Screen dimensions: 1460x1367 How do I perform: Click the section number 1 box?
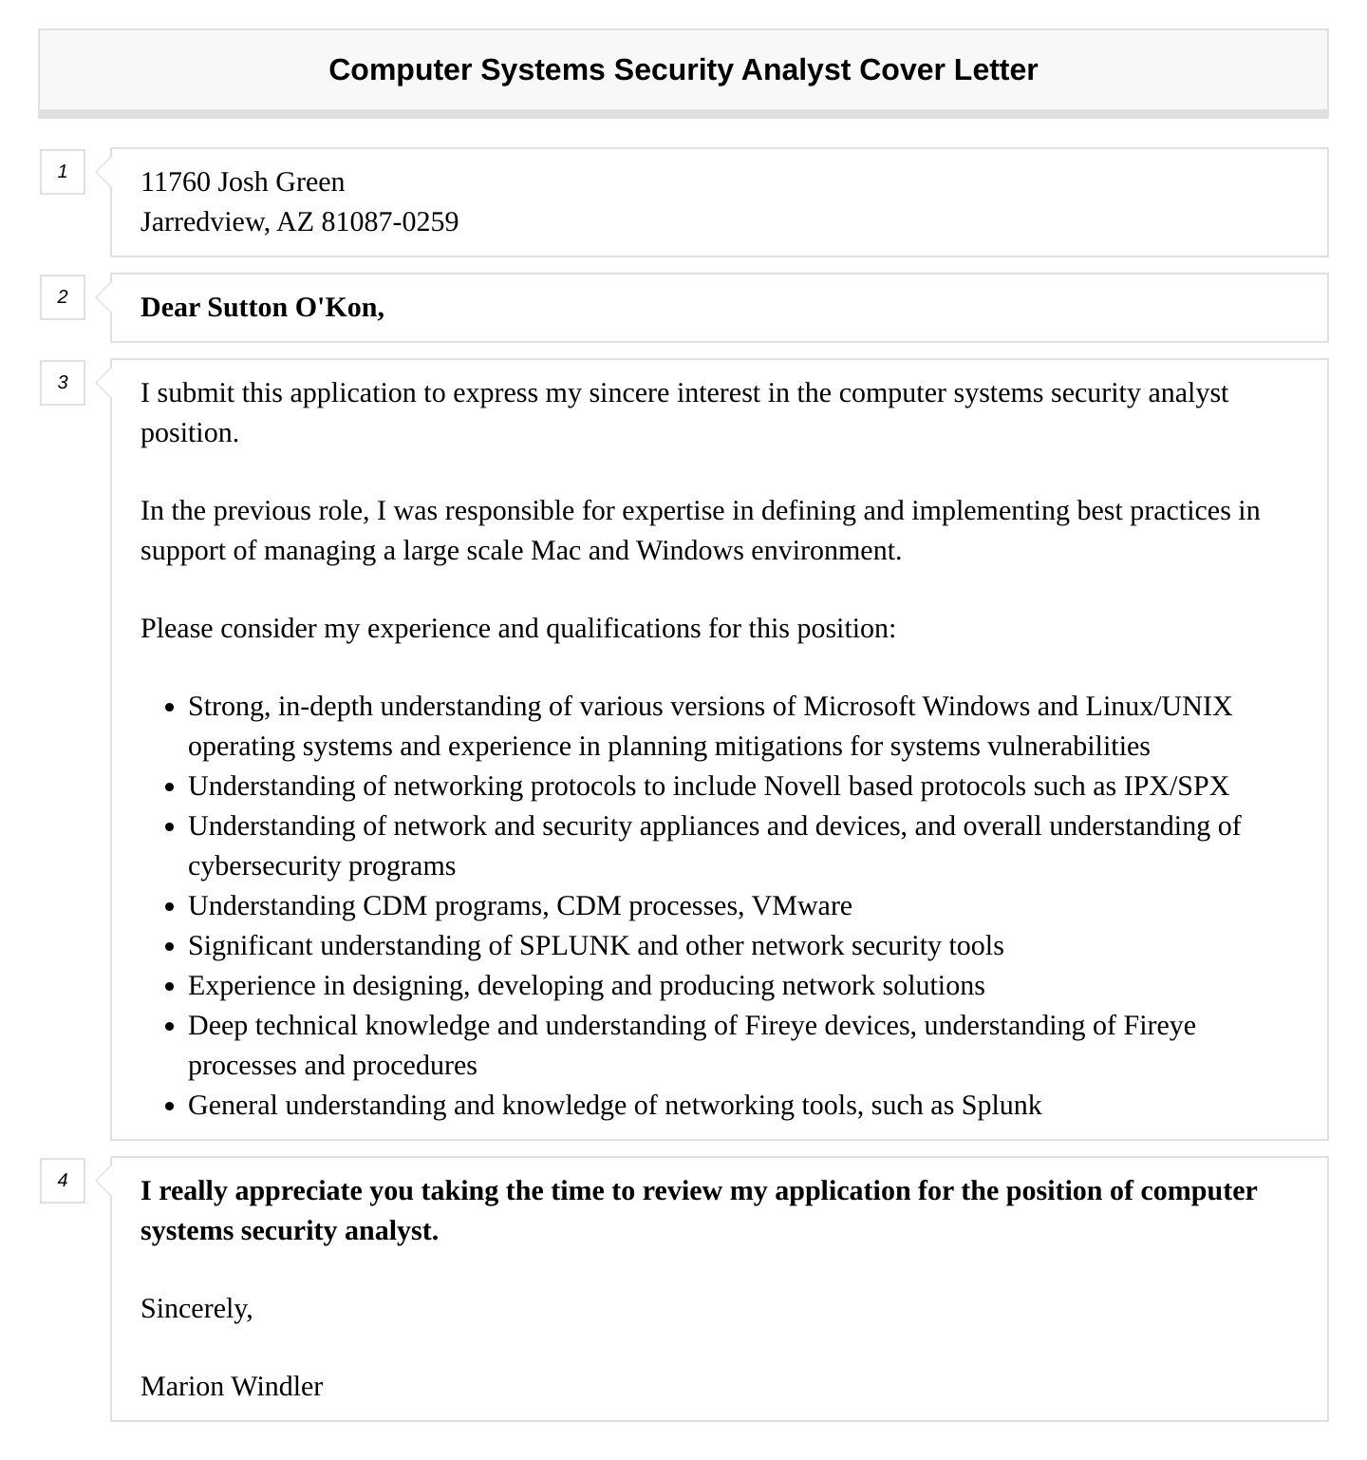coord(63,172)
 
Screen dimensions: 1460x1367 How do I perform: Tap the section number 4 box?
coord(63,1181)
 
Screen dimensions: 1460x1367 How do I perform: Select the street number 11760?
coord(175,182)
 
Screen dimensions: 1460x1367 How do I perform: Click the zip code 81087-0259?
coord(389,222)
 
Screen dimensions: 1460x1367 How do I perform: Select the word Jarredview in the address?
coord(203,222)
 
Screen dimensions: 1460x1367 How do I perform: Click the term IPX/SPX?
coord(1176,787)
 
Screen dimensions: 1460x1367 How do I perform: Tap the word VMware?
coord(802,906)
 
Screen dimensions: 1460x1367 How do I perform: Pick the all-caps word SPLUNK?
coord(574,946)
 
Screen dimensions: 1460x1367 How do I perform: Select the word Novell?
coord(801,787)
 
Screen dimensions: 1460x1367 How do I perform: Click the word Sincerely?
coord(196,1309)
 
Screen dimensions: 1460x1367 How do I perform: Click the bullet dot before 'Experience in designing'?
coord(169,988)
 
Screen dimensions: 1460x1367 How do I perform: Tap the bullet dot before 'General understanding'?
coord(169,1108)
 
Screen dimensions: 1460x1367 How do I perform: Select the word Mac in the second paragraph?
coord(555,551)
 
